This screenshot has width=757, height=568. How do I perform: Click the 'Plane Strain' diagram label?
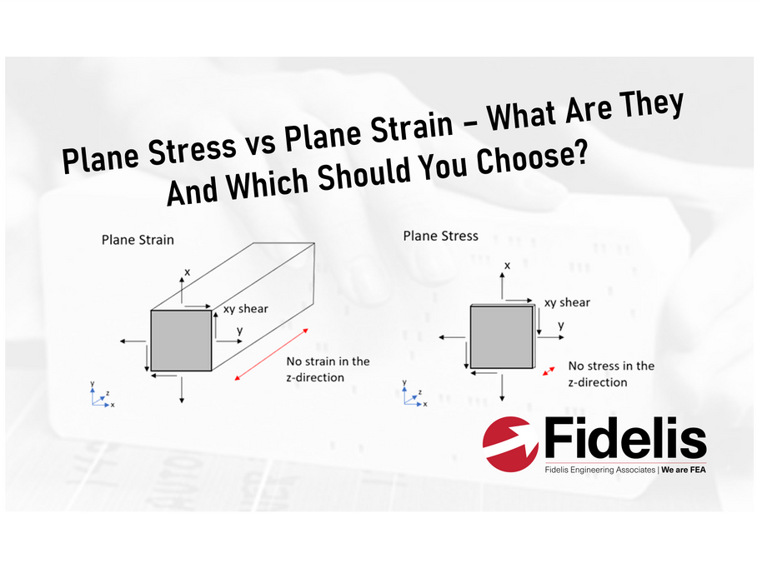(138, 240)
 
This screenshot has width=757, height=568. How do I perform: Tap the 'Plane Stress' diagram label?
(441, 236)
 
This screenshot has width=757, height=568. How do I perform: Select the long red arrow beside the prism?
(271, 354)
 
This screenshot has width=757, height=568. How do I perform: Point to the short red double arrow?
(549, 371)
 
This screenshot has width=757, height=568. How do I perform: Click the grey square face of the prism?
(181, 341)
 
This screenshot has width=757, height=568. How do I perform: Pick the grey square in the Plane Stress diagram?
(502, 337)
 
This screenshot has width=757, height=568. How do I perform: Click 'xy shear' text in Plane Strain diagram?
(245, 309)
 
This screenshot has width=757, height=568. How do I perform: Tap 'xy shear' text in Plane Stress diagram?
(567, 303)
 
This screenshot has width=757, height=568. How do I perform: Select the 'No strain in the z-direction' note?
(328, 369)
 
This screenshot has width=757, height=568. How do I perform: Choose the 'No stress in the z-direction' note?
(611, 374)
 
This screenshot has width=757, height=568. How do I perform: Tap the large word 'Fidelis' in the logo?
(625, 438)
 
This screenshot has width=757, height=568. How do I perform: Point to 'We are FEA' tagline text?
(683, 470)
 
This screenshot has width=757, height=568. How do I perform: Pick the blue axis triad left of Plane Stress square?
(414, 393)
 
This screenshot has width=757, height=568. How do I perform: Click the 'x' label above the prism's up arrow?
(188, 272)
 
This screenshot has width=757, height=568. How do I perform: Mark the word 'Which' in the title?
(268, 182)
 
